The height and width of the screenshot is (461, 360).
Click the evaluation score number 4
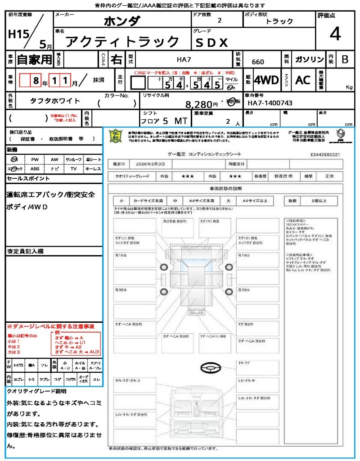335,34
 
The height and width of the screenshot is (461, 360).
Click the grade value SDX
211,42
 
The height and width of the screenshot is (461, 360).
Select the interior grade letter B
345,59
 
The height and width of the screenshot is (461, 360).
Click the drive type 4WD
266,80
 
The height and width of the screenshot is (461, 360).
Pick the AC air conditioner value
303,80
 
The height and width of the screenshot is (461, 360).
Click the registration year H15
17,34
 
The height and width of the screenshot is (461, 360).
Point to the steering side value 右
116,59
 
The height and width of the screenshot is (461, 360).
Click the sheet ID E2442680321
331,154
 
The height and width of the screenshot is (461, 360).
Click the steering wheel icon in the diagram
209,368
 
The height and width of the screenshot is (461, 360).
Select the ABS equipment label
35,169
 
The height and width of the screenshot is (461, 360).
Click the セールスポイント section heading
28,179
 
